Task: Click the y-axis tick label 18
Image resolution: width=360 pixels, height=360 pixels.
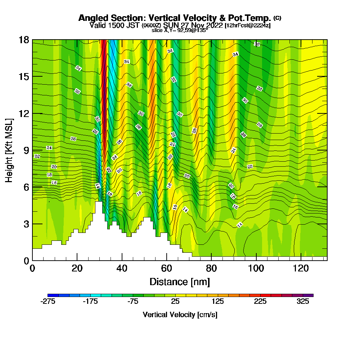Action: tap(24, 40)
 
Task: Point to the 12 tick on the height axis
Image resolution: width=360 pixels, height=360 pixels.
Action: tap(24, 113)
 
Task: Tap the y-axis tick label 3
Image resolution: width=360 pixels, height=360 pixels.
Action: tap(26, 224)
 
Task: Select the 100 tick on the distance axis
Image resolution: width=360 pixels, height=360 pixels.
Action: tap(256, 268)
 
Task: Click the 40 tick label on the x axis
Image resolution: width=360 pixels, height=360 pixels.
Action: tap(122, 268)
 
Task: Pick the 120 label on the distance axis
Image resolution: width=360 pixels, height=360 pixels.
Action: tap(301, 268)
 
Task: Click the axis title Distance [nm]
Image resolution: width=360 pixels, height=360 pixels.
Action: tap(180, 282)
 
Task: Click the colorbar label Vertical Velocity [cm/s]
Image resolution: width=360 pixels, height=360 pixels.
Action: tap(180, 315)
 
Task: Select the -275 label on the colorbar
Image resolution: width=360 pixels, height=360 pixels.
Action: tap(48, 302)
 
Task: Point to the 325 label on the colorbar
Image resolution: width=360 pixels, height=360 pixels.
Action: tap(303, 302)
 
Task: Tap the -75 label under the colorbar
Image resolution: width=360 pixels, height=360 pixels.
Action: tap(133, 302)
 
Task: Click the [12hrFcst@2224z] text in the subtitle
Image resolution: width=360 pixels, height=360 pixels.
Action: tap(247, 26)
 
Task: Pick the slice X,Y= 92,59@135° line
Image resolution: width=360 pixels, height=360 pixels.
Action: tap(180, 30)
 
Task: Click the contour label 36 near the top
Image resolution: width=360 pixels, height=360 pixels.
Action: tap(257, 44)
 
